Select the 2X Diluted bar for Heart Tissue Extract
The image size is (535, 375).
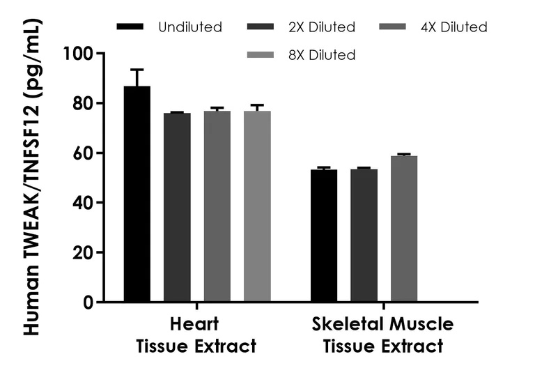pos(177,207)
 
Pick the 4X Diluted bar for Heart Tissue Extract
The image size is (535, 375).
pos(217,206)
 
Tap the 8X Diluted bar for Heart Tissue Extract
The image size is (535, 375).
pos(257,206)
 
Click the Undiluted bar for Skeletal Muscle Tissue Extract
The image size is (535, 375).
pos(324,236)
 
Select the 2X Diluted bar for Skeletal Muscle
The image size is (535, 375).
pos(364,236)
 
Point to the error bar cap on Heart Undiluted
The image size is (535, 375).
pos(137,70)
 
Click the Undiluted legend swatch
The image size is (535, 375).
pos(130,27)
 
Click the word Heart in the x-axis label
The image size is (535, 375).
pos(194,325)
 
